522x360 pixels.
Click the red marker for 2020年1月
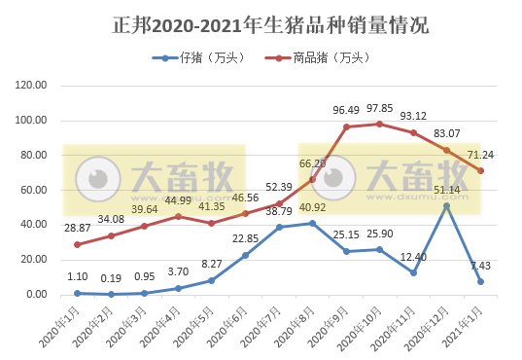click(77, 244)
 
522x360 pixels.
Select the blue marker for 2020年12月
click(446, 205)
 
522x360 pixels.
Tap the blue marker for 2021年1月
click(480, 281)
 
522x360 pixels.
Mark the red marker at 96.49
click(346, 126)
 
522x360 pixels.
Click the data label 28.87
click(77, 227)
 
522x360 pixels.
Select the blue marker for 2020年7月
click(279, 227)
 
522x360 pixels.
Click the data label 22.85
click(245, 238)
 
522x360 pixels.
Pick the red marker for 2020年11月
click(413, 132)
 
